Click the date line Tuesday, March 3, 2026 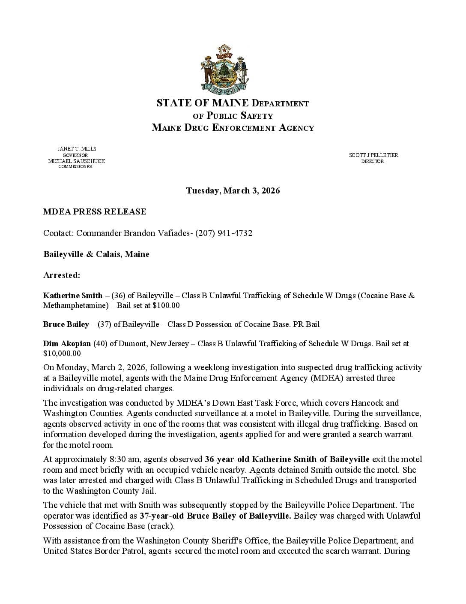click(233, 190)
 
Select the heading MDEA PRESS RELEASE click(95, 211)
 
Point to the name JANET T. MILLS click(77, 148)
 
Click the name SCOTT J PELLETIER click(373, 155)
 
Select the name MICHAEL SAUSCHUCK click(76, 161)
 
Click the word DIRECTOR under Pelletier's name click(373, 161)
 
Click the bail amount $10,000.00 click(62, 353)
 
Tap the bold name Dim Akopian click(67, 343)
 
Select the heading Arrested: click(62, 275)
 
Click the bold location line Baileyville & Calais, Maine click(96, 254)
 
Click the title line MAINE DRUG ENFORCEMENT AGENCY click(233, 127)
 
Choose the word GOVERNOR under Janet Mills click(75, 155)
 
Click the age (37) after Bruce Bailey click(104, 324)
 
